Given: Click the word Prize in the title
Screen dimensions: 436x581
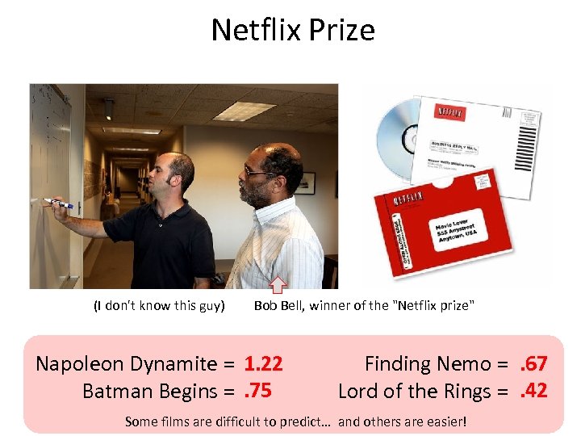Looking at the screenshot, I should [x=344, y=31].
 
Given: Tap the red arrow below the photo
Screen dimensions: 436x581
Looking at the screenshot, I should [x=278, y=283].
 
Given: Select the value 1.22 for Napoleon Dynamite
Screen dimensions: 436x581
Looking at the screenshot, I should [x=263, y=364].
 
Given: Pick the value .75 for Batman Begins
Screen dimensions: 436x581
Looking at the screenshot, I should [x=257, y=391].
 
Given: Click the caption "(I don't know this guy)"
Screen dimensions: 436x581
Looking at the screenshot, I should [x=158, y=305].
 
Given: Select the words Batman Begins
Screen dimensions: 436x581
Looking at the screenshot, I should [x=150, y=391].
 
